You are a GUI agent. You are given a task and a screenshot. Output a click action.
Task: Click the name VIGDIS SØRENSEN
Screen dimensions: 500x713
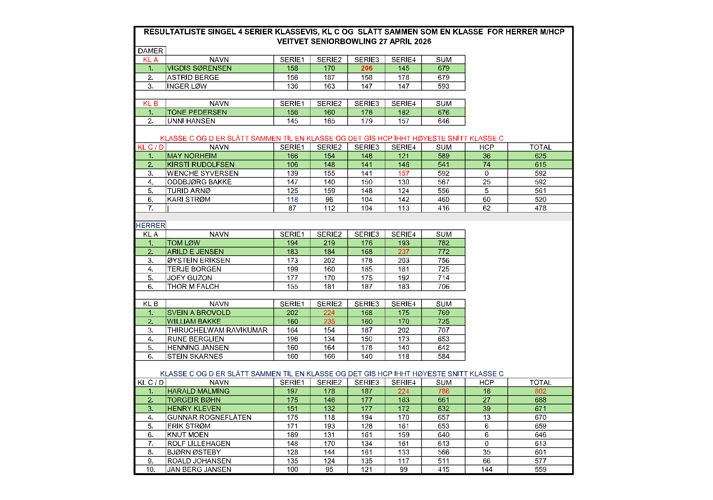(199, 68)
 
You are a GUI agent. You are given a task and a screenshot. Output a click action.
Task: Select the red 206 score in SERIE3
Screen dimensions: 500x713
(366, 68)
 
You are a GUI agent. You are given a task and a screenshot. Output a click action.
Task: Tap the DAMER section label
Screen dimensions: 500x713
(150, 51)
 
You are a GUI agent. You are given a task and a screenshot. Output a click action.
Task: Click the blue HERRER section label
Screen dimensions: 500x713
(150, 225)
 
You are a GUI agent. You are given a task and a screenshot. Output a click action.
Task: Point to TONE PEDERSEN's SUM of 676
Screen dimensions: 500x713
(443, 112)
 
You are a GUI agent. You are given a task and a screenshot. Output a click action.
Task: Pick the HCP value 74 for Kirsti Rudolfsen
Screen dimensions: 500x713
(486, 164)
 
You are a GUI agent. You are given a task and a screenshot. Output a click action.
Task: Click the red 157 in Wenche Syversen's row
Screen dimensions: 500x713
(403, 173)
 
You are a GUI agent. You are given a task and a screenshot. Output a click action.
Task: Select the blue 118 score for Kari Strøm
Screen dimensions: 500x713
(292, 199)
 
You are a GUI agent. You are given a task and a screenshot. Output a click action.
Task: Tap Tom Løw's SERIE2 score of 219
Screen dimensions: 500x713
(329, 243)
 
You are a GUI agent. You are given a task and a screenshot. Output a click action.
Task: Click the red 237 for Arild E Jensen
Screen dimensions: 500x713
(403, 252)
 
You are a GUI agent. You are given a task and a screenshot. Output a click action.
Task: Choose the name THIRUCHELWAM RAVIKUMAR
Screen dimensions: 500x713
(217, 330)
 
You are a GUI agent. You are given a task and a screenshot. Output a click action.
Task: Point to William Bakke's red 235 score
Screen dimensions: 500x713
(329, 321)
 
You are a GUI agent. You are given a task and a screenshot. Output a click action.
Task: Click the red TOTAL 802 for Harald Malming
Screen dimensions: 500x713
(540, 391)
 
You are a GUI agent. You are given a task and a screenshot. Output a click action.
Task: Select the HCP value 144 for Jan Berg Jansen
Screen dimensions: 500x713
(486, 469)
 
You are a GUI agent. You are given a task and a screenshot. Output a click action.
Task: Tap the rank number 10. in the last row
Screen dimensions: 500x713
(150, 469)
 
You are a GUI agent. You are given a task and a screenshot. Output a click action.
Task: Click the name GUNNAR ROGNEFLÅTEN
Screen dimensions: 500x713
(209, 417)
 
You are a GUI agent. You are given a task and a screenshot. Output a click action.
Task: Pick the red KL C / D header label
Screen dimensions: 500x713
(150, 147)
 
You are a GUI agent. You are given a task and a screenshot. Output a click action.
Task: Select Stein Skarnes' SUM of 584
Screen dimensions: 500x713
(443, 356)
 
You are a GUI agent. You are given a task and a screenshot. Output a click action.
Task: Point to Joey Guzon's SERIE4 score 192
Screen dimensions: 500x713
(403, 278)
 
